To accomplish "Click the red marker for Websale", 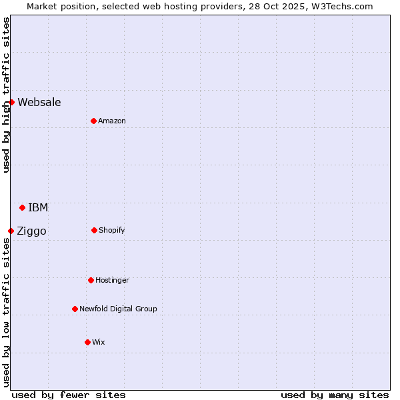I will pyautogui.click(x=11, y=102).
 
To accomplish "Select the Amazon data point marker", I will pyautogui.click(x=93, y=121).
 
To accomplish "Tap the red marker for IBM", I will pyautogui.click(x=22, y=207).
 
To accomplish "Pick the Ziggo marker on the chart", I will pyautogui.click(x=11, y=231).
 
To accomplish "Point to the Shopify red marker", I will pyautogui.click(x=94, y=230).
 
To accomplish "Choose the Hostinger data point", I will pyautogui.click(x=91, y=280).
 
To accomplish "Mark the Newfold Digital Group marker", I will pyautogui.click(x=75, y=309).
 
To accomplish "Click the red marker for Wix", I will pyautogui.click(x=87, y=342).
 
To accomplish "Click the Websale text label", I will pyautogui.click(x=39, y=102).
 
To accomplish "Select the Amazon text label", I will pyautogui.click(x=112, y=121).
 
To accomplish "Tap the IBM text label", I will pyautogui.click(x=38, y=207).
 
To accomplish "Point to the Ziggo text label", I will pyautogui.click(x=31, y=231).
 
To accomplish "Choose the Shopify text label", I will pyautogui.click(x=112, y=230).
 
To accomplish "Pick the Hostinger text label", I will pyautogui.click(x=112, y=280).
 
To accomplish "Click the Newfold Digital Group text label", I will pyautogui.click(x=118, y=309).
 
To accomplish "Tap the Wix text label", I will pyautogui.click(x=99, y=342).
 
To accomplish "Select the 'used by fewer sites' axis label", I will pyautogui.click(x=69, y=395).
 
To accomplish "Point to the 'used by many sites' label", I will pyautogui.click(x=335, y=395).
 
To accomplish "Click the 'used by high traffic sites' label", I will pyautogui.click(x=6, y=95).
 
